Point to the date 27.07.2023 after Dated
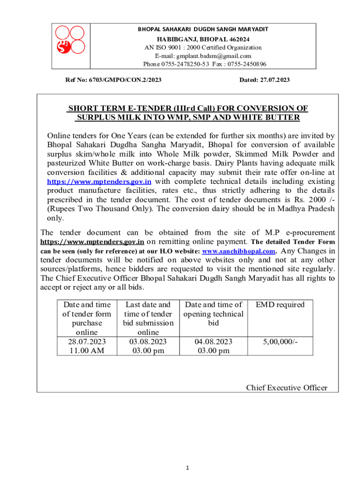tap(275, 80)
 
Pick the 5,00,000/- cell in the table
tap(280, 341)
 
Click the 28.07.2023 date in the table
tap(86, 341)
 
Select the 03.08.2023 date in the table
tap(148, 341)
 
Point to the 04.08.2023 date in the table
tap(214, 341)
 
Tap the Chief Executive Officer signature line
tap(287, 387)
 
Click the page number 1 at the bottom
tap(187, 468)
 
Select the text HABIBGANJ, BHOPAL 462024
tap(203, 39)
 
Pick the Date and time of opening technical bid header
tap(214, 314)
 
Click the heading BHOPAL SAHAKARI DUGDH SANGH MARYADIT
tap(203, 29)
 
